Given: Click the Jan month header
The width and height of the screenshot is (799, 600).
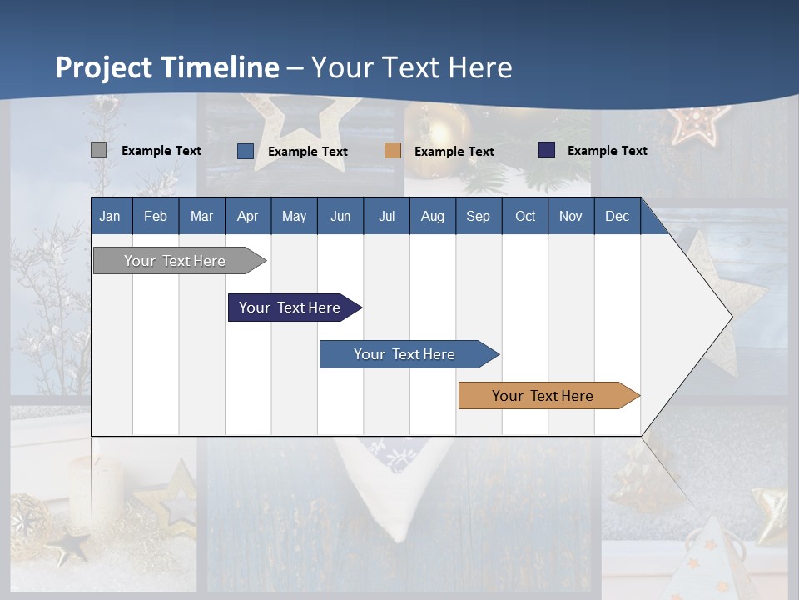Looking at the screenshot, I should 110,216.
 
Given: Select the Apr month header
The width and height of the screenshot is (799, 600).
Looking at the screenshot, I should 247,216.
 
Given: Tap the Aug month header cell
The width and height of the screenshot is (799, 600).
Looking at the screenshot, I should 432,216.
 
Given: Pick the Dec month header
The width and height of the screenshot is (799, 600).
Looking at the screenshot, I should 617,216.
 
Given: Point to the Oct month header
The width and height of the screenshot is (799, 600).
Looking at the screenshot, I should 525,216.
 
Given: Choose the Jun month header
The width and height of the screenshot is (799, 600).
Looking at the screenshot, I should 340,216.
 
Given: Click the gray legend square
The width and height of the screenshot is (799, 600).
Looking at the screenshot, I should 98,150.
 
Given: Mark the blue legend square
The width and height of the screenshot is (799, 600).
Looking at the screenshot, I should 246,151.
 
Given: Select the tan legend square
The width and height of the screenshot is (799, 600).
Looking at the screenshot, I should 393,151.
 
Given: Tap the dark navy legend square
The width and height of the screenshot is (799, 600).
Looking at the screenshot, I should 547,150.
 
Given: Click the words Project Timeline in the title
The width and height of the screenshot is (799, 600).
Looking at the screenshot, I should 167,67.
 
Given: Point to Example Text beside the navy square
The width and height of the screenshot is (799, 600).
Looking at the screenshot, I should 607,151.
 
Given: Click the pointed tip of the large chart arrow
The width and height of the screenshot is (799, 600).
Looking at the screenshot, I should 730,316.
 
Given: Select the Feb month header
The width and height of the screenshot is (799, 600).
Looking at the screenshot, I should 156,216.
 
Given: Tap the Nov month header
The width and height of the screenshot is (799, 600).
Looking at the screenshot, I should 571,216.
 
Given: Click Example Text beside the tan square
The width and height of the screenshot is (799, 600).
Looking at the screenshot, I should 454,152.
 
